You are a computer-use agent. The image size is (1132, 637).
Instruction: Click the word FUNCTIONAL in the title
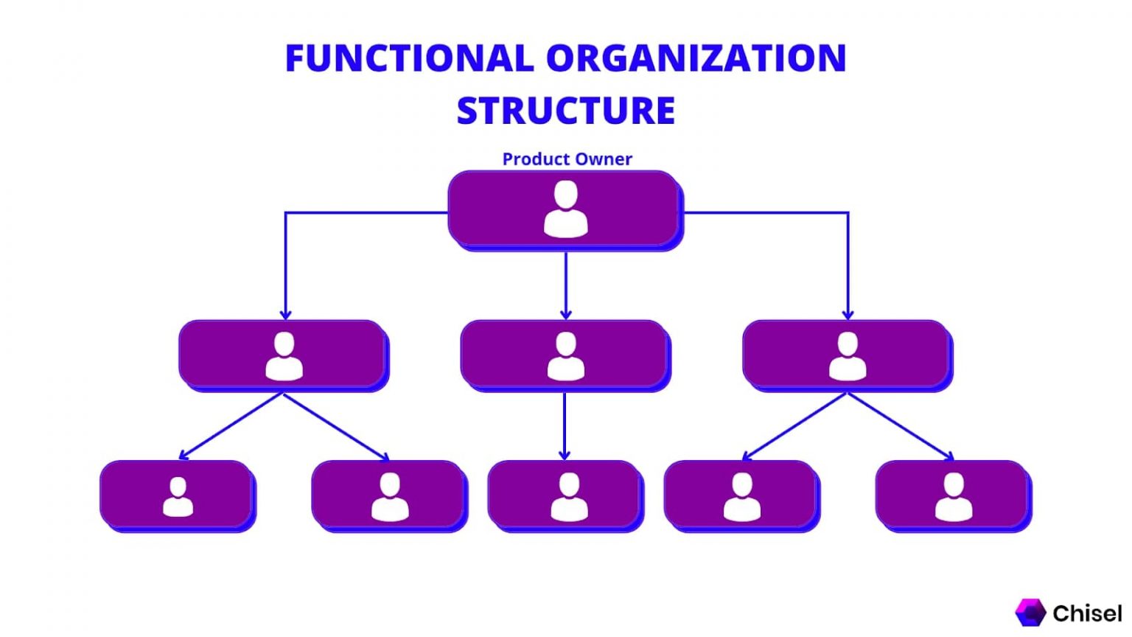point(409,59)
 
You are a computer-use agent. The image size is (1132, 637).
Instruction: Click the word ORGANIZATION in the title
point(696,59)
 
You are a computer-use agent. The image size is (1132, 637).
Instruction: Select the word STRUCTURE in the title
point(565,111)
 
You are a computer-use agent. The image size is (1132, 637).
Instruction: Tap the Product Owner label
point(567,159)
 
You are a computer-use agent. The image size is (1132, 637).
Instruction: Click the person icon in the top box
point(565,209)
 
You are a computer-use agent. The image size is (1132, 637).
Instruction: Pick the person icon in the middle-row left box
point(284,356)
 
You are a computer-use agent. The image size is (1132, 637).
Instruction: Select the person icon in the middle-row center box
point(565,356)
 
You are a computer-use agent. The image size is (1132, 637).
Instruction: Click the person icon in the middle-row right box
point(848,356)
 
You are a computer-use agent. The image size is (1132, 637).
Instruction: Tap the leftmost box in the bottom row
point(178,495)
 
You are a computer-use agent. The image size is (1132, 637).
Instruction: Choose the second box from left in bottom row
point(389,495)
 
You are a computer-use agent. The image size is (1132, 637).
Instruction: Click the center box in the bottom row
point(565,495)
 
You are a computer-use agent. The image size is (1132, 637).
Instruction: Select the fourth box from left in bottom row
point(741,495)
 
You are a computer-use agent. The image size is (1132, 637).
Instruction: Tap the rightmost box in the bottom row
point(953,495)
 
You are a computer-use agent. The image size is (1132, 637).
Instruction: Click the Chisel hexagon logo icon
point(1030,613)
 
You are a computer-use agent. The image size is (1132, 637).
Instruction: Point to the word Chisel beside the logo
point(1087,613)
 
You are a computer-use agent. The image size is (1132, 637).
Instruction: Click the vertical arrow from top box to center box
point(565,284)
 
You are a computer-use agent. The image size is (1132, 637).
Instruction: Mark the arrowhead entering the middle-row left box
point(285,315)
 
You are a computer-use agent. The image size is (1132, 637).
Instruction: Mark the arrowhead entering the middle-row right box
point(848,315)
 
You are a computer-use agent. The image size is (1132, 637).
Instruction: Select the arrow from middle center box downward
point(565,425)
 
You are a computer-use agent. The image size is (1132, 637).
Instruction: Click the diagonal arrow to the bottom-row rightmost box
point(901,426)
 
